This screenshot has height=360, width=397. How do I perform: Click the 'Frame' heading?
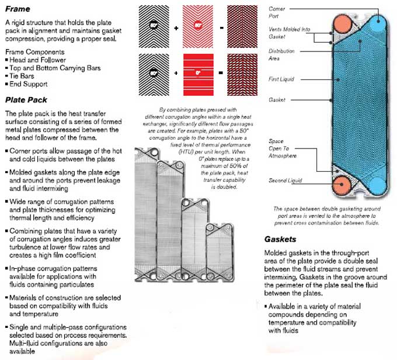(18, 9)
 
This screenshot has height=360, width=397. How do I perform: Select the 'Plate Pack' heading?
(26, 100)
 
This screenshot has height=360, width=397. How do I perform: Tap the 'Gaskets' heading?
(280, 240)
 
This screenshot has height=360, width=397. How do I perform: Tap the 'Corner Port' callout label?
(277, 12)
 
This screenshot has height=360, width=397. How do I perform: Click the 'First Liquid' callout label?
(281, 79)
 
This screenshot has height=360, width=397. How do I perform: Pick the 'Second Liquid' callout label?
(285, 181)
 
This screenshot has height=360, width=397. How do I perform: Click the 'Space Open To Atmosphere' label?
(283, 148)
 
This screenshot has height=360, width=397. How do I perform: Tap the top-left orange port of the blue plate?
(342, 24)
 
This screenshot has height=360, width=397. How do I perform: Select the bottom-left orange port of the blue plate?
(342, 185)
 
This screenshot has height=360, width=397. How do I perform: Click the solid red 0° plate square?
(198, 75)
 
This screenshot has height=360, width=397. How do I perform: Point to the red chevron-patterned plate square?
(198, 27)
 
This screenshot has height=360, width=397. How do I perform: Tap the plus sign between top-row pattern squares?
(176, 28)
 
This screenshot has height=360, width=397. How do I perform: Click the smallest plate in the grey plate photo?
(220, 252)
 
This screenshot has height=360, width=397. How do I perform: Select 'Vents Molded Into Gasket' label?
(289, 33)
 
